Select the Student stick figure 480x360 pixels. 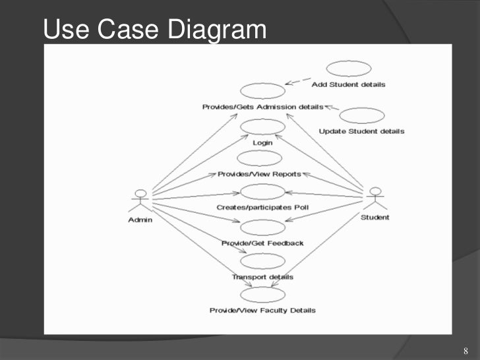(375, 198)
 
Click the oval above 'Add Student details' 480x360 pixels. (347, 69)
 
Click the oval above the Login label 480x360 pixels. (262, 126)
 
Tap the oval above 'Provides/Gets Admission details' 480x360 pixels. (262, 91)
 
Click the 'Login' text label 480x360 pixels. (262, 142)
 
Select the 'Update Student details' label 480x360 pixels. (361, 131)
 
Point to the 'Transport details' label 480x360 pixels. (262, 277)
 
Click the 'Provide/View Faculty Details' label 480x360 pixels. (262, 310)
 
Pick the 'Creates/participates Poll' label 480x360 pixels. (262, 208)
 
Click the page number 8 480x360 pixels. (465, 349)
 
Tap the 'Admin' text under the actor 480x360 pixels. (140, 220)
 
